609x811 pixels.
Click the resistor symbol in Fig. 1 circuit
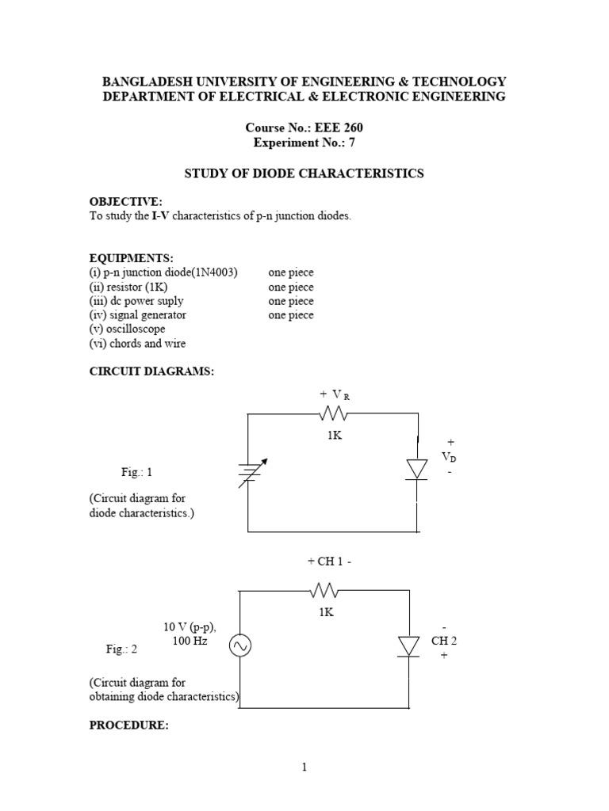[334, 413]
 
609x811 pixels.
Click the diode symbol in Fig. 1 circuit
[418, 469]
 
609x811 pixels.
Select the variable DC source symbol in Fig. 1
[249, 474]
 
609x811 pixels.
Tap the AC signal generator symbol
[239, 647]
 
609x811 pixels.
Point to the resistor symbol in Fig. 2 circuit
[325, 590]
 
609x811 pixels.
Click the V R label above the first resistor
[334, 394]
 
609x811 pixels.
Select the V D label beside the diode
[449, 457]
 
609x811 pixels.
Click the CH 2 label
[444, 641]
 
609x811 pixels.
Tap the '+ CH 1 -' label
[329, 561]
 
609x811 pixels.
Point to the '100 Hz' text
[190, 640]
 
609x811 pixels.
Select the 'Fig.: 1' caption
[136, 472]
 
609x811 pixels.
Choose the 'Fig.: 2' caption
[122, 649]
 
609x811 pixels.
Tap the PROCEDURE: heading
[128, 725]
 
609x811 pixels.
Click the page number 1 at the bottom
[304, 767]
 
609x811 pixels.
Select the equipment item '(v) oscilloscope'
[131, 329]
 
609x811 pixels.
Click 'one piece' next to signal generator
[290, 315]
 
